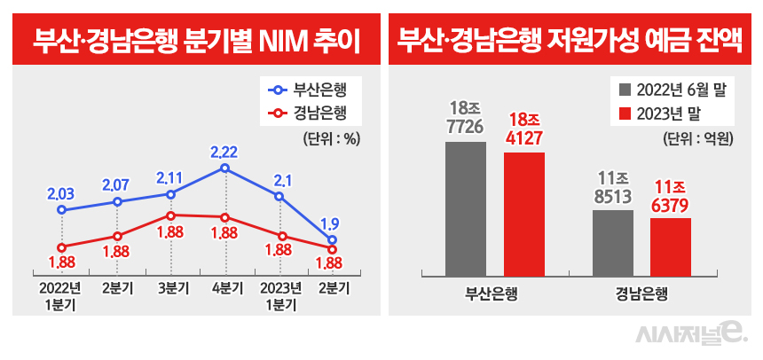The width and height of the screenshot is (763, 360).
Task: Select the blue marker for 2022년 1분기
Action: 61,210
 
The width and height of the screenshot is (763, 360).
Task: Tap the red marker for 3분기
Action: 170,215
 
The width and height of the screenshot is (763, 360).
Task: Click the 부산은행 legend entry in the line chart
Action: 307,90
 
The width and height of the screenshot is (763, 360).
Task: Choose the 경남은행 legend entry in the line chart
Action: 307,113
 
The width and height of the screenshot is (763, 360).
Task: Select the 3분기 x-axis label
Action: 170,287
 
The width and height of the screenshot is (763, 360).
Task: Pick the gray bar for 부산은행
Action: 466,209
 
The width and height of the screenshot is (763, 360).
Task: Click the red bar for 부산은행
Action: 523,215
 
